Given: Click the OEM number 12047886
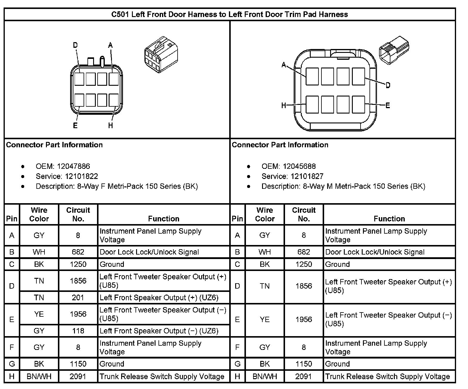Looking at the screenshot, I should click(x=73, y=166).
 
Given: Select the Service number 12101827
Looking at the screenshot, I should click(x=307, y=176).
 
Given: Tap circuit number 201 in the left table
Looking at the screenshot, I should click(x=78, y=298).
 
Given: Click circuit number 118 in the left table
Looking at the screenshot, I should click(x=78, y=331).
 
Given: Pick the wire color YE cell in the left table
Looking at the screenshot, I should click(x=39, y=314).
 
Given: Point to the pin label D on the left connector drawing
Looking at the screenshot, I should click(x=75, y=45).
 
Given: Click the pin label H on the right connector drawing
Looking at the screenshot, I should click(x=284, y=105).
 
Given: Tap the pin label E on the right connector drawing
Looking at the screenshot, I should click(x=388, y=105).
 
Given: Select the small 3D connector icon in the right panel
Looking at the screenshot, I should click(x=394, y=50).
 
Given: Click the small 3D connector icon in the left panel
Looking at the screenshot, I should click(x=161, y=55).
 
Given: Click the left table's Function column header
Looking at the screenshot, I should click(x=164, y=219).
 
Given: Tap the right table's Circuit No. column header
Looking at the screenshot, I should click(x=304, y=215).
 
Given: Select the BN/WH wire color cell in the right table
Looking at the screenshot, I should click(x=265, y=376).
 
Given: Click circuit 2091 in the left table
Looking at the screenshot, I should click(x=78, y=376).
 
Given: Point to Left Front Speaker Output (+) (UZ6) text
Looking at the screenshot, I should click(x=159, y=298).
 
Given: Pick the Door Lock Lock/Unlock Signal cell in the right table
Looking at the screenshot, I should click(x=375, y=252).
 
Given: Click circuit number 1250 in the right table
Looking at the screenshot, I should click(x=304, y=264).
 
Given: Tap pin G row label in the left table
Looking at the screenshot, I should click(x=12, y=364).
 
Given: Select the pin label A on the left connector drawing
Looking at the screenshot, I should click(x=110, y=45).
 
